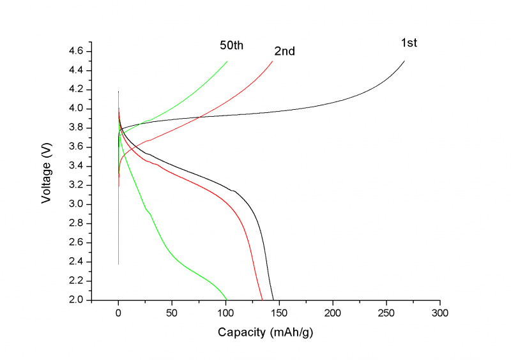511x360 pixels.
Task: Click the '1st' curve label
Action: point(409,43)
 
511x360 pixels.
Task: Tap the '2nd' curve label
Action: point(284,51)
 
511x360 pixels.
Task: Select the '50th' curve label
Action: point(231,45)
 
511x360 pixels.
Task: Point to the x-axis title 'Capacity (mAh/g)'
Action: point(265,333)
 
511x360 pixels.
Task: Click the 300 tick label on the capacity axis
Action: point(439,313)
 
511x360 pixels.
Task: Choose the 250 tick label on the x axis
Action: point(386,313)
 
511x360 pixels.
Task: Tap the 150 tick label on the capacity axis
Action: point(279,313)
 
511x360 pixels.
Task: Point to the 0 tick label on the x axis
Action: point(118,313)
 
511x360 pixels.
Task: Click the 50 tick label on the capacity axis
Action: point(172,313)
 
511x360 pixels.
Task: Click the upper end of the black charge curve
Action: point(404,61)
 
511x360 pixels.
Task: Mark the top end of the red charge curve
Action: point(272,61)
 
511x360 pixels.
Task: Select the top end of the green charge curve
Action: point(227,61)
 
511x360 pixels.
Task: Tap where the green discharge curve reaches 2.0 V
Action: point(227,299)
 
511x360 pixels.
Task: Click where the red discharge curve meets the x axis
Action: point(263,299)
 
